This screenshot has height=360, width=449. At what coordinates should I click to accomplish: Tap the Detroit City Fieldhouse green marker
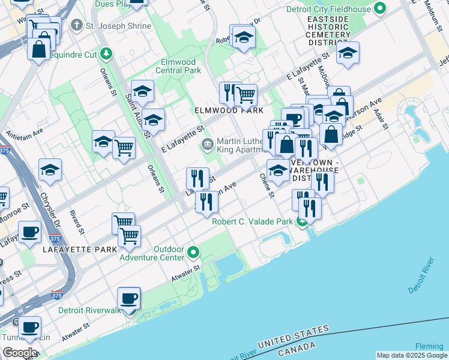click(379, 8)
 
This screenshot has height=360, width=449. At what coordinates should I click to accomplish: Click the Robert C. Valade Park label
click(252, 221)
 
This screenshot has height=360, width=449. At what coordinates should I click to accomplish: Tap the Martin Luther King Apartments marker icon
click(208, 143)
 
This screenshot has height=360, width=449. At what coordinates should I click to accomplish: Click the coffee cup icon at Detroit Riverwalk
click(130, 298)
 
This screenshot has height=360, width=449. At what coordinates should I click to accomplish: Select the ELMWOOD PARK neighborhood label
click(228, 111)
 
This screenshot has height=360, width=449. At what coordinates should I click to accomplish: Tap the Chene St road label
click(267, 186)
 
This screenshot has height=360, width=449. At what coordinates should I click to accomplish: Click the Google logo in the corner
click(20, 353)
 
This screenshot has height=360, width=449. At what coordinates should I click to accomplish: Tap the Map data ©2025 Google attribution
click(412, 355)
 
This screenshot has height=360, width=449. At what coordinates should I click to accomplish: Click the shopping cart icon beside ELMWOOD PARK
click(246, 94)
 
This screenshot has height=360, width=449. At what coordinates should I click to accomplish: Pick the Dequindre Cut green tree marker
click(106, 53)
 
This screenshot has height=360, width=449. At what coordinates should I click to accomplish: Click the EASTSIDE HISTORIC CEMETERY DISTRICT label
click(328, 28)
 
